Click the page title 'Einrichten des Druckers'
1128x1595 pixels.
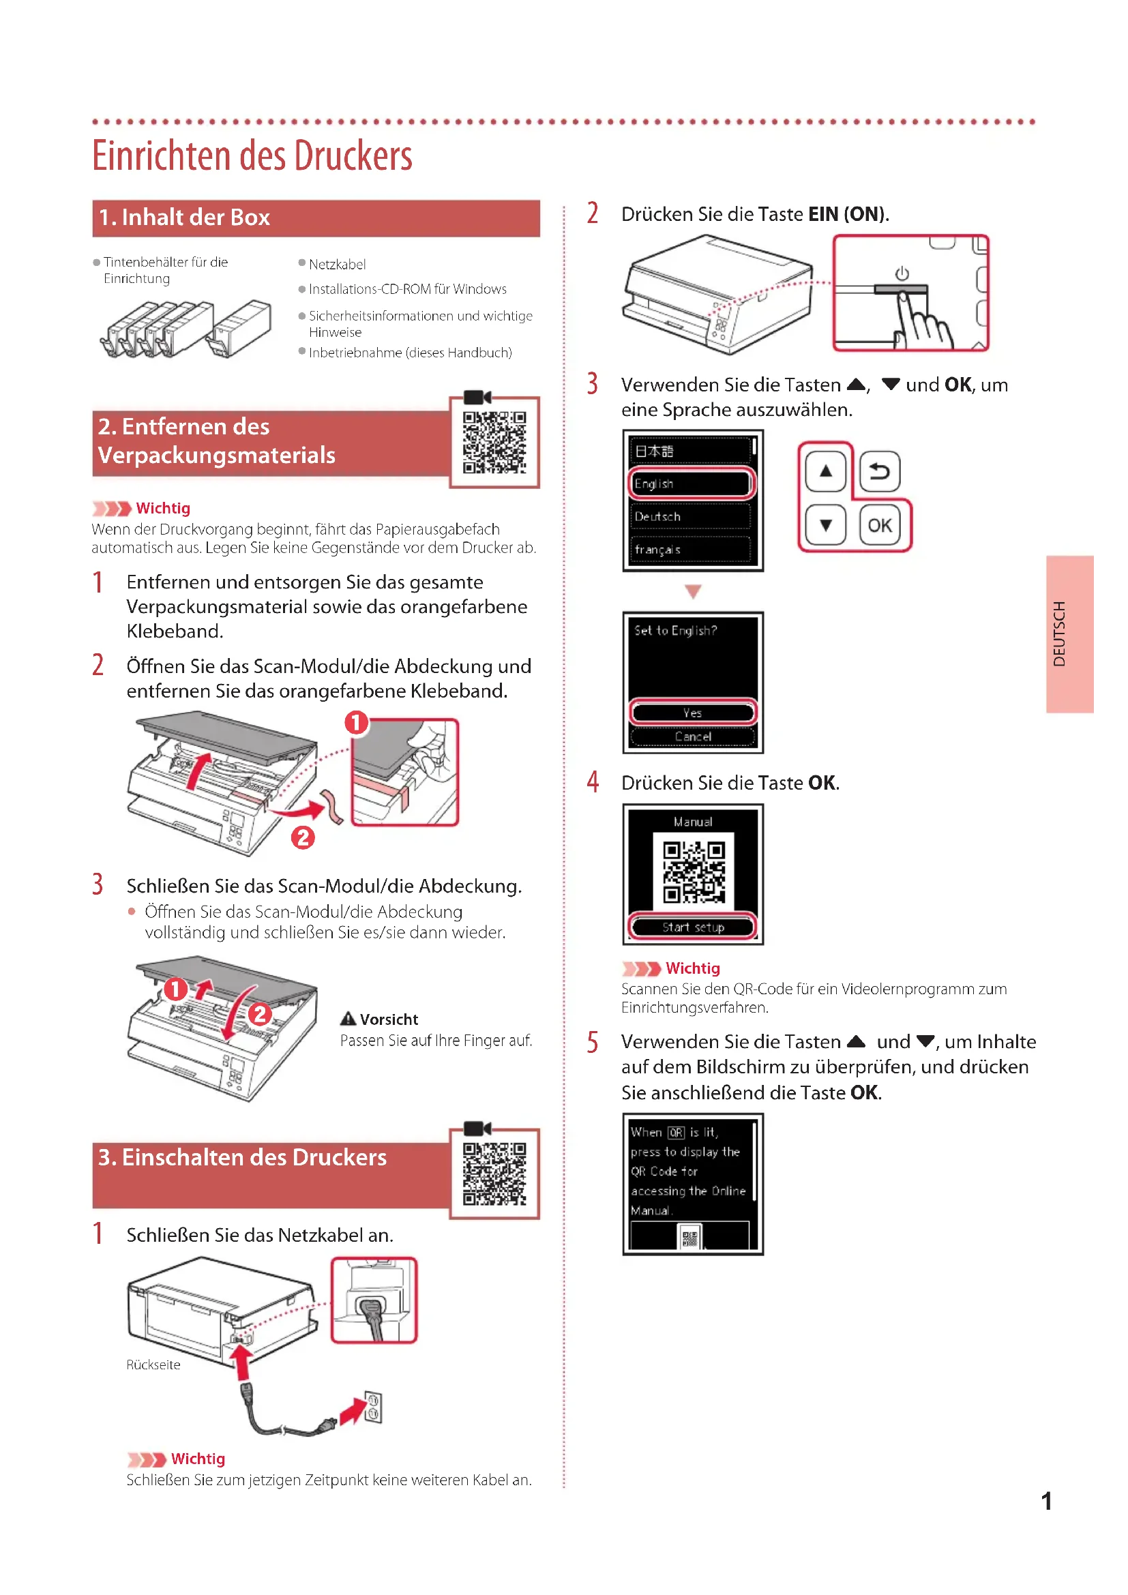click(x=252, y=155)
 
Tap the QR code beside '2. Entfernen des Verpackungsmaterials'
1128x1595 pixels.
click(x=494, y=442)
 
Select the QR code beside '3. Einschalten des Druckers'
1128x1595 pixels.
click(x=494, y=1174)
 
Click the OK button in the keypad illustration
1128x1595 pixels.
click(x=879, y=525)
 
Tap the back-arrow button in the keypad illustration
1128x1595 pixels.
click(x=879, y=472)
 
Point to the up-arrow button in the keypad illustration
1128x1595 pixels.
click(x=825, y=472)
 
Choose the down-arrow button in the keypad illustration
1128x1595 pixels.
click(x=825, y=525)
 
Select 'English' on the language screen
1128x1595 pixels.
click(x=690, y=483)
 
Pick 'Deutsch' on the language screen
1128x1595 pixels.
click(x=690, y=516)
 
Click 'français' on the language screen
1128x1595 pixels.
click(x=690, y=550)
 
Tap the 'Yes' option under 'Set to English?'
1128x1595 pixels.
click(x=692, y=713)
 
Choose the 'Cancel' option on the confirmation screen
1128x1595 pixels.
click(x=692, y=736)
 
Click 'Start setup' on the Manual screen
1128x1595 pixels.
click(x=692, y=927)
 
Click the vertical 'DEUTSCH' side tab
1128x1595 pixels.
click(x=1069, y=633)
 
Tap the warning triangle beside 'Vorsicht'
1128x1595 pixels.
click(x=348, y=1019)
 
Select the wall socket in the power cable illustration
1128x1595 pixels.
click(x=373, y=1407)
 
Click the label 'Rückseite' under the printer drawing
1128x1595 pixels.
click(x=153, y=1365)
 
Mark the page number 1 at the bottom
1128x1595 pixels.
click(x=1046, y=1501)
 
